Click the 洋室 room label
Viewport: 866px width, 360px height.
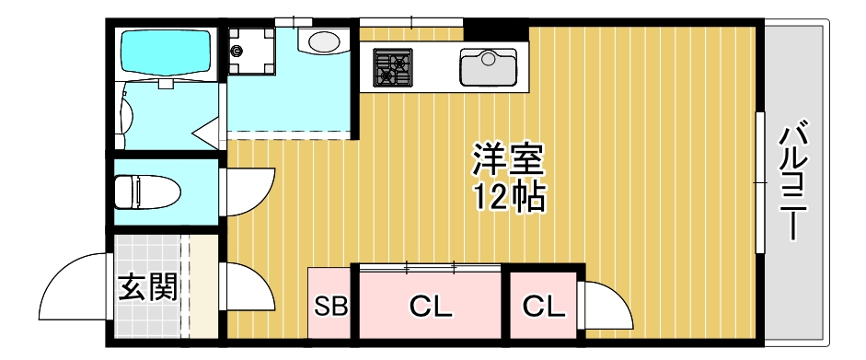tap(509, 159)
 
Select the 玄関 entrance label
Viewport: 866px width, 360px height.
tap(147, 287)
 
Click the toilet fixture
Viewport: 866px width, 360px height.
tap(147, 193)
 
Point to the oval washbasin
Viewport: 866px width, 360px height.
tap(324, 41)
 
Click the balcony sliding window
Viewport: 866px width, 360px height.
tap(760, 181)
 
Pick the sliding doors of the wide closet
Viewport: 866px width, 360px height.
tap(431, 268)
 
